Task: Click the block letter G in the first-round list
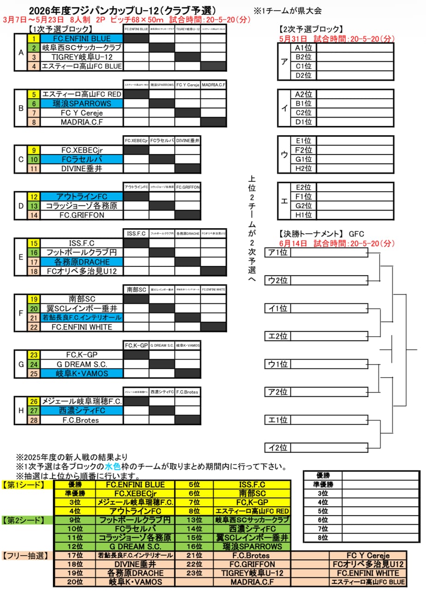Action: (x=21, y=364)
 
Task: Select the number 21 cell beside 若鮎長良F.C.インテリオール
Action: (x=34, y=317)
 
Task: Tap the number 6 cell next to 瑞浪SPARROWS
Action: (x=34, y=103)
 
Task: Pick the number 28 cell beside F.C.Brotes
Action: (x=34, y=420)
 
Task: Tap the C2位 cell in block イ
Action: (x=304, y=112)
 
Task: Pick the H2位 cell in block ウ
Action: (x=304, y=168)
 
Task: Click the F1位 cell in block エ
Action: (x=304, y=196)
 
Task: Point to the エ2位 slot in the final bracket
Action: (x=278, y=336)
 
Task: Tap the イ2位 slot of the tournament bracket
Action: (x=278, y=447)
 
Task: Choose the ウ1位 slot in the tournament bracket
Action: (x=278, y=364)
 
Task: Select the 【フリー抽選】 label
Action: (x=26, y=556)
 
